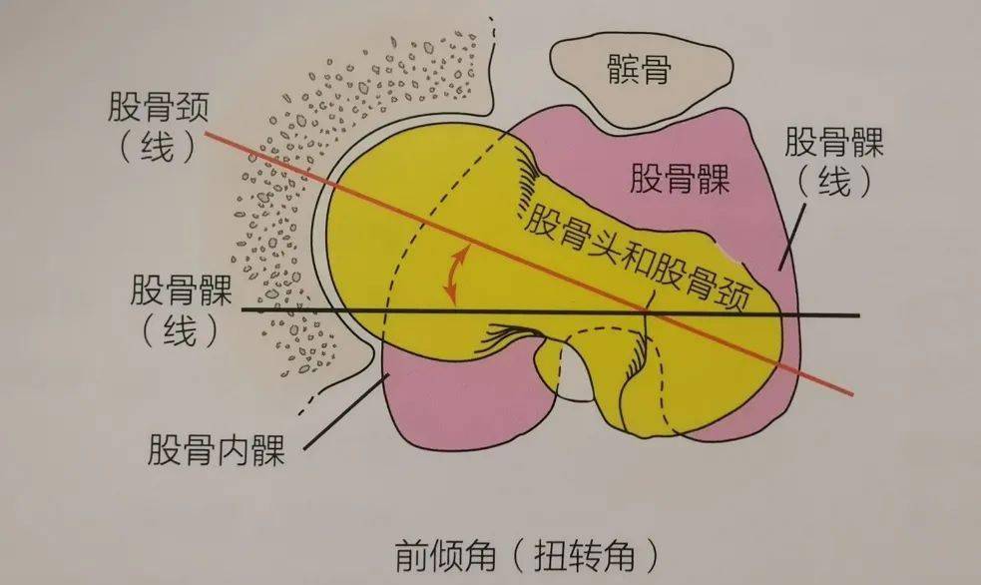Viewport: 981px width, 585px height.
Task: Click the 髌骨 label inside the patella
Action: coord(640,70)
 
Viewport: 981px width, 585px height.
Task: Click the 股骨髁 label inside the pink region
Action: coord(680,180)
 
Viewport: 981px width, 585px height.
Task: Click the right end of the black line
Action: coord(857,316)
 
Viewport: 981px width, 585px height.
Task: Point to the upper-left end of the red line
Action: coord(206,133)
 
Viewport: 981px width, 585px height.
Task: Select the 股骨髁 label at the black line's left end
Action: coord(181,292)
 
